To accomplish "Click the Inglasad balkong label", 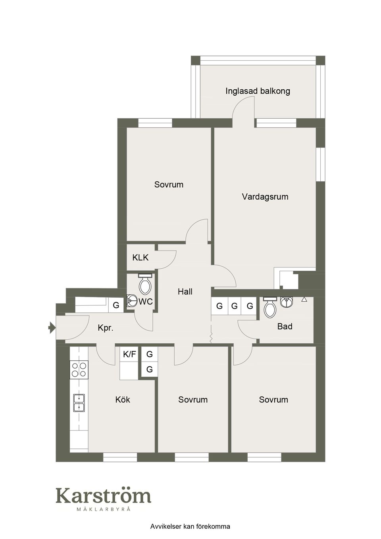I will pos(258,91).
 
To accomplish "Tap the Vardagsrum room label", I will pos(265,196).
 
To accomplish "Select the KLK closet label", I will pos(140,258).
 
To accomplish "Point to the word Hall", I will pos(185,292).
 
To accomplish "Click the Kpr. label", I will pos(106,328).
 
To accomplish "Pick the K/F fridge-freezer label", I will pos(129,354).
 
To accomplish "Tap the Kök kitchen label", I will pos(123,400).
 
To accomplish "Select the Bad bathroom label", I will pos(285,327).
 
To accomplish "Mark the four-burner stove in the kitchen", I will pos(79,370).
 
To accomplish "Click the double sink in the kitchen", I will pos(79,402).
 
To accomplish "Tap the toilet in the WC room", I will pos(145,284).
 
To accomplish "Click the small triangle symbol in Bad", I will pos(304,299).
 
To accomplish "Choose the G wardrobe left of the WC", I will pos(116,305).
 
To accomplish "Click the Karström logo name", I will pos(103,496).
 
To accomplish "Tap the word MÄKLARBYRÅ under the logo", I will pos(103,509).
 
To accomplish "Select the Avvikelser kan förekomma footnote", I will pos(190,527).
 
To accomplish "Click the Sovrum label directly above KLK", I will pos(169,185).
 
